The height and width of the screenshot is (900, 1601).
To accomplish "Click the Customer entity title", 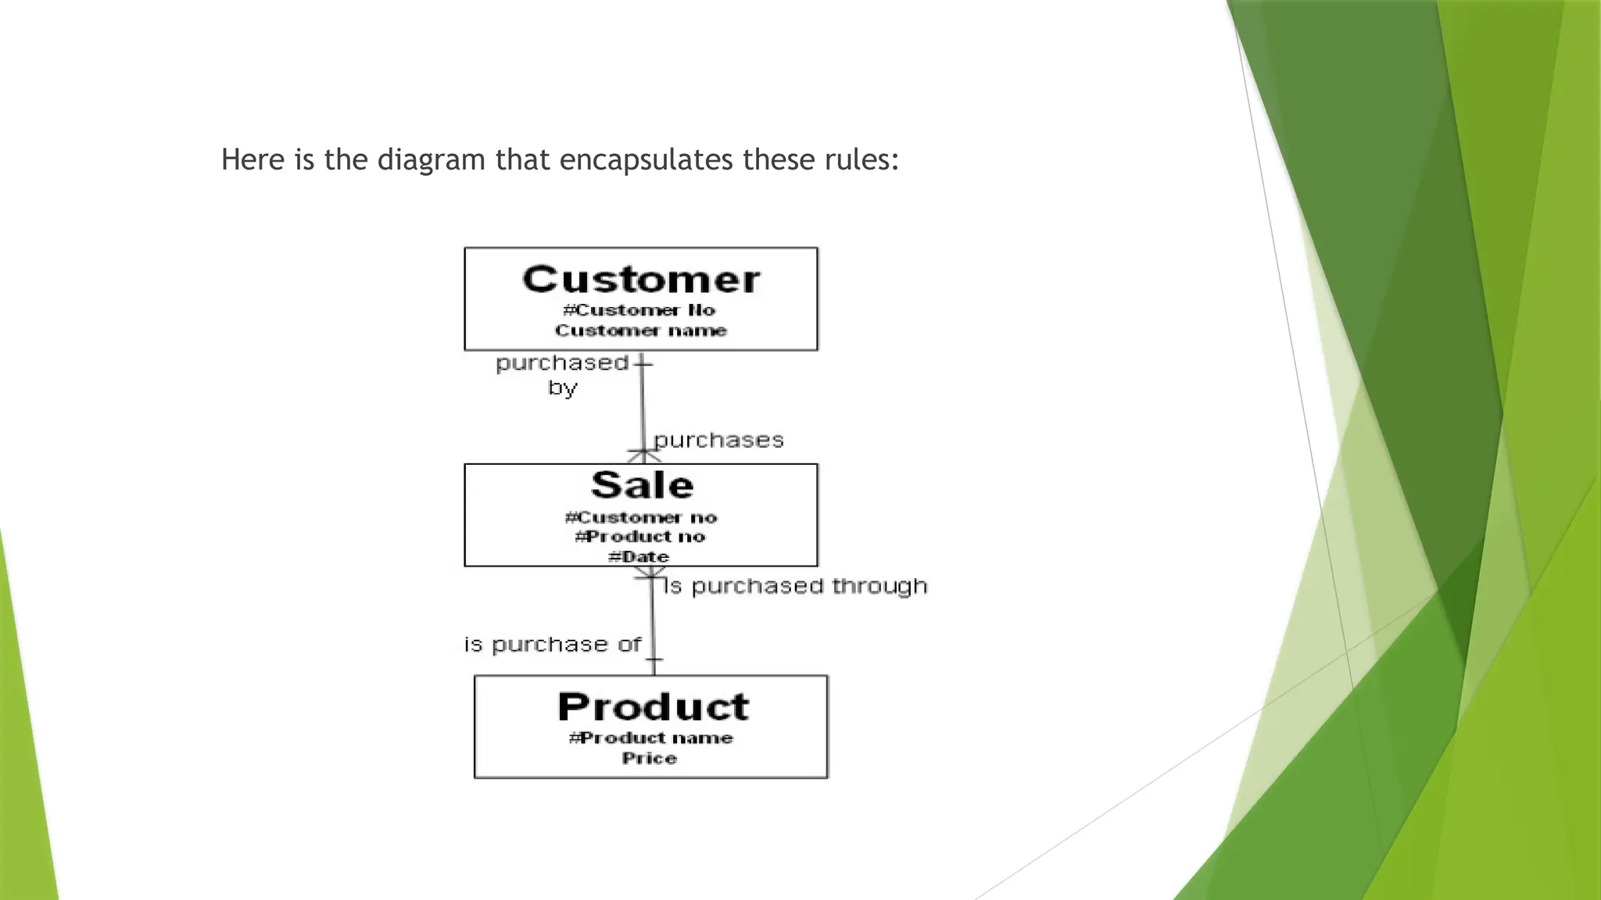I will [x=641, y=280].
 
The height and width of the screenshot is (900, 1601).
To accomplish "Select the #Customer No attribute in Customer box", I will [x=639, y=310].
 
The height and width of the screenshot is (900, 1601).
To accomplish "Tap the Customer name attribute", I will [x=641, y=330].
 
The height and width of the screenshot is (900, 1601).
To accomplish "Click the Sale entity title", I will [x=642, y=485].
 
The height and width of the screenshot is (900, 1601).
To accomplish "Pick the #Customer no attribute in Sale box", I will [x=641, y=517].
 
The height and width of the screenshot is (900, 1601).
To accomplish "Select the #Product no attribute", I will [x=640, y=537].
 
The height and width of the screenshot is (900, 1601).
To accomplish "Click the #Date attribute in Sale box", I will [x=639, y=556].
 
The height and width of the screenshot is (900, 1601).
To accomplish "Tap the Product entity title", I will [x=653, y=707].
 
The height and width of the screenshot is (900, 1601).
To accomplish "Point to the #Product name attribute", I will [x=651, y=738].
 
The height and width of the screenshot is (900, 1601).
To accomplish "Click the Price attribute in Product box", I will [x=650, y=758].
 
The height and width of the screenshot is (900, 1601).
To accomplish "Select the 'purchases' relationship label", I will [x=718, y=441].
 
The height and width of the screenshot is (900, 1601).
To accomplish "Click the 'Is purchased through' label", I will [x=795, y=586].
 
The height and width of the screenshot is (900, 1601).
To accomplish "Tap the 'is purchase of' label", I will [x=553, y=645].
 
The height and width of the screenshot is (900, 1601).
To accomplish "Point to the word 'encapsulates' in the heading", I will [x=646, y=159].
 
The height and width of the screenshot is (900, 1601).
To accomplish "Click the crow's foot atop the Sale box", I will [x=643, y=455].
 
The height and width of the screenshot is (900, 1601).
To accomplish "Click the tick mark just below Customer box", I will [x=643, y=363].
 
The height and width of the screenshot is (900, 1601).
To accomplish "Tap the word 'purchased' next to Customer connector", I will [x=562, y=363].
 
